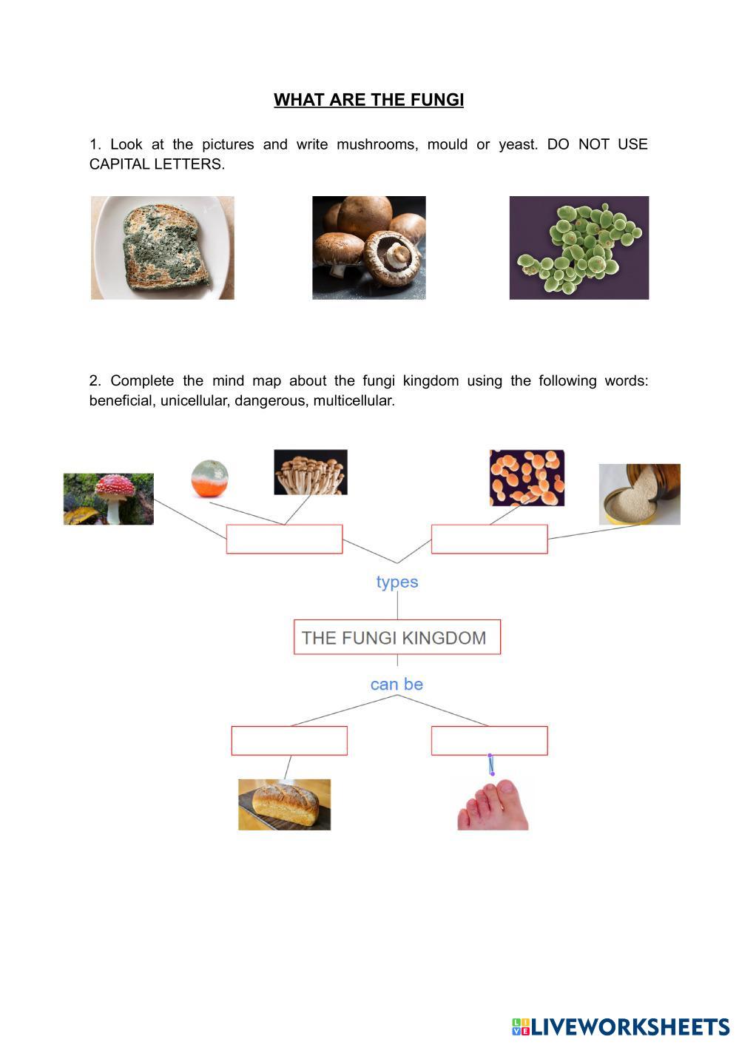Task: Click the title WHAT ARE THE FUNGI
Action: pos(368,100)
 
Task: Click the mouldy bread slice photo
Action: pos(162,248)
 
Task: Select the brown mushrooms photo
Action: pos(368,248)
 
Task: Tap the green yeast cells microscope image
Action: pos(578,248)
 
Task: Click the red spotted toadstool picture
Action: pos(109,499)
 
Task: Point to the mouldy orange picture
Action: pos(209,479)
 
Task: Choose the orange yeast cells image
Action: pos(527,478)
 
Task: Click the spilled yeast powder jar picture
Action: pos(639,494)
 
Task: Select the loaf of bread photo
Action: pos(284,804)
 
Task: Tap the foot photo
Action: pos(493,804)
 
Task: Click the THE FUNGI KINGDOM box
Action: pos(397,637)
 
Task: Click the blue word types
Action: pos(397,582)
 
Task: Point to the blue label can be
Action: pos(397,685)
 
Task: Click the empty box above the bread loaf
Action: pos(289,741)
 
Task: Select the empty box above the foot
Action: pos(489,741)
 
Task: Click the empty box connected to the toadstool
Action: pos(284,539)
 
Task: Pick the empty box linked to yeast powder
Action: pos(489,539)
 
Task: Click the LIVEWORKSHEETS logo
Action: pos(620,1026)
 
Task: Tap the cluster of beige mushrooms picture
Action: pos(310,472)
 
